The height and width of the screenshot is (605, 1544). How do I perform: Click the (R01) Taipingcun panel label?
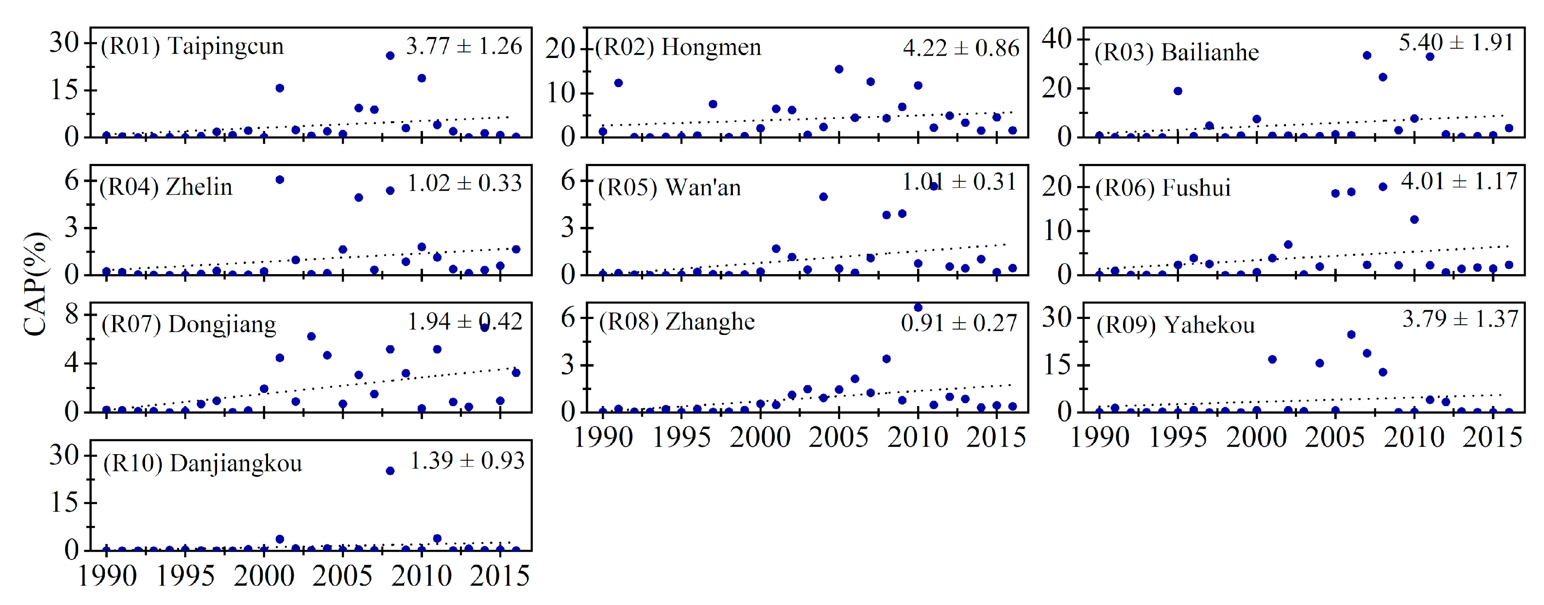click(x=192, y=46)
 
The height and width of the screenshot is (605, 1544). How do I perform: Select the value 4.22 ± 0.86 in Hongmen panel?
click(x=960, y=48)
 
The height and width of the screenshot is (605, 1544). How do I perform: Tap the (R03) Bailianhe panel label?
click(x=1176, y=53)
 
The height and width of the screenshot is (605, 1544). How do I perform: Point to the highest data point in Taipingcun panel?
click(x=390, y=56)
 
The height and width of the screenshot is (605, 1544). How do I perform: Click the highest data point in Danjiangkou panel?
click(x=390, y=471)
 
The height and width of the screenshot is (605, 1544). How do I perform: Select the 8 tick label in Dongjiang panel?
click(x=72, y=314)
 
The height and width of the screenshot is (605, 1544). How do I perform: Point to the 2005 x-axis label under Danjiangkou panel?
click(x=342, y=576)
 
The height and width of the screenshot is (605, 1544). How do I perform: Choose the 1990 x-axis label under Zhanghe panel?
click(x=603, y=437)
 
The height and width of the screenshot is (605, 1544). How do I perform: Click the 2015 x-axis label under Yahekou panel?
click(x=1492, y=437)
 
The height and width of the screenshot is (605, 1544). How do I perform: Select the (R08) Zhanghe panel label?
click(x=677, y=322)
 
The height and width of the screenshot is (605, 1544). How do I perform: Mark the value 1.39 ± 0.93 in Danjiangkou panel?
click(x=467, y=461)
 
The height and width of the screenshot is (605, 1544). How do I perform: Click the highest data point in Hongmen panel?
click(x=839, y=69)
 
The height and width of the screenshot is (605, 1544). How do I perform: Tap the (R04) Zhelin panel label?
click(x=165, y=187)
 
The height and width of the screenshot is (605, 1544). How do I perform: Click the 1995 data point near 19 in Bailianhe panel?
click(x=1178, y=91)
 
